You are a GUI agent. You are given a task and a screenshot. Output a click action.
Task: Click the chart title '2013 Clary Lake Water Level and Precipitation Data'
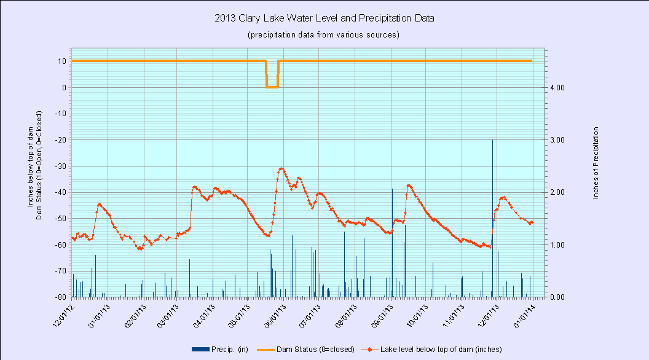324,18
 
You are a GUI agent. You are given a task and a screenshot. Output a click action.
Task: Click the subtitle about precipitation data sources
324,34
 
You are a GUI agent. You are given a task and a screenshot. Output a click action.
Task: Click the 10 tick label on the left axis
63,61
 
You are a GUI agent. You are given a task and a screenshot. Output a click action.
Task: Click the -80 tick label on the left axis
60,297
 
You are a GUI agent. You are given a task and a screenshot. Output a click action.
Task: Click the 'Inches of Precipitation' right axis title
596,162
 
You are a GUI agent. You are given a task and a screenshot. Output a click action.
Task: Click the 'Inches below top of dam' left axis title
31,166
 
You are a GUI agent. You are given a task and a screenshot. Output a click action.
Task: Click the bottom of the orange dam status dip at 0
272,87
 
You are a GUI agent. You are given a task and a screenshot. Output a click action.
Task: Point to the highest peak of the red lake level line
281,168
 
